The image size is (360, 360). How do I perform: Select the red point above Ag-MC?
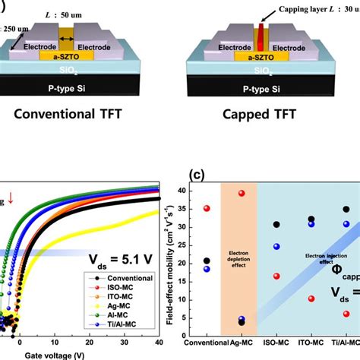[242, 193]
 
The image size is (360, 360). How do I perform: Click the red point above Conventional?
[207, 208]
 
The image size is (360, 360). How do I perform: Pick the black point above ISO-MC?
[276, 225]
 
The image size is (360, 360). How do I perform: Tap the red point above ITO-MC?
[311, 298]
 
